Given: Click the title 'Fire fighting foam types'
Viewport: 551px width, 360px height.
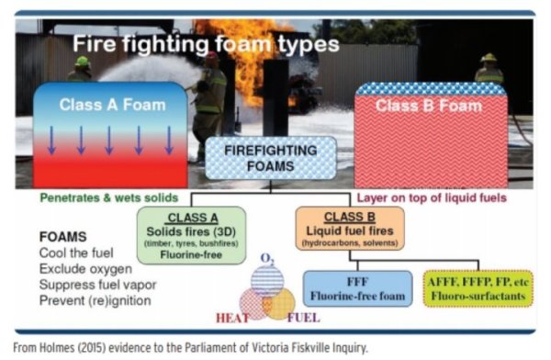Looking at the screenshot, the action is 206,44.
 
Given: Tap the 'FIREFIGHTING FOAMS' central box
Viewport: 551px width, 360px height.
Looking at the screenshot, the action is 271,158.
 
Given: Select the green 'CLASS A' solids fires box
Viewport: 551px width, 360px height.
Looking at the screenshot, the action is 192,235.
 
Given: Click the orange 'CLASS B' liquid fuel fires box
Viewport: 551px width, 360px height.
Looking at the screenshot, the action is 350,229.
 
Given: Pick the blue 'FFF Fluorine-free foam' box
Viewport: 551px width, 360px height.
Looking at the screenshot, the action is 358,288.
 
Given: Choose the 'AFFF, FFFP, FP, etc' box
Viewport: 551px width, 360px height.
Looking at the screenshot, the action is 478,288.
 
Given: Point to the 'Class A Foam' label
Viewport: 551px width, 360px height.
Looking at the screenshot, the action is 112,105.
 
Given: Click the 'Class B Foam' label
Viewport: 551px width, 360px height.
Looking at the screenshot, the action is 429,106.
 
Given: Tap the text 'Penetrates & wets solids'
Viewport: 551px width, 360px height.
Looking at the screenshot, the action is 109,197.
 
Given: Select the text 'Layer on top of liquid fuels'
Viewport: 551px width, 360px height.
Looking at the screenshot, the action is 432,197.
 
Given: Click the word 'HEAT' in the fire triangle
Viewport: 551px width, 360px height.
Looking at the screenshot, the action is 232,318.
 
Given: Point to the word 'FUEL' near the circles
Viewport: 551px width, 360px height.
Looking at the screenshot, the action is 304,318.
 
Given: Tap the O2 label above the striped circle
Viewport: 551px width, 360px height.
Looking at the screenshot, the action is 267,259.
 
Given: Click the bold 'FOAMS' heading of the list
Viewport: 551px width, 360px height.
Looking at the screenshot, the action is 62,237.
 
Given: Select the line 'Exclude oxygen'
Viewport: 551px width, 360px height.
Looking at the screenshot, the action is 85,269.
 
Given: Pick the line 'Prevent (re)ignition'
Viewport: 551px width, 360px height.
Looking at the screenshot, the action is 96,300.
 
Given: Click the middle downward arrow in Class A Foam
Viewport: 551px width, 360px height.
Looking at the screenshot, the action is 109,141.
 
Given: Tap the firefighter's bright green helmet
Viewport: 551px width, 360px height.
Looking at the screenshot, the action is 83,62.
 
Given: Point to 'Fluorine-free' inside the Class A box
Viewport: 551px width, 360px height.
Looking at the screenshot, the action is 191,255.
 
